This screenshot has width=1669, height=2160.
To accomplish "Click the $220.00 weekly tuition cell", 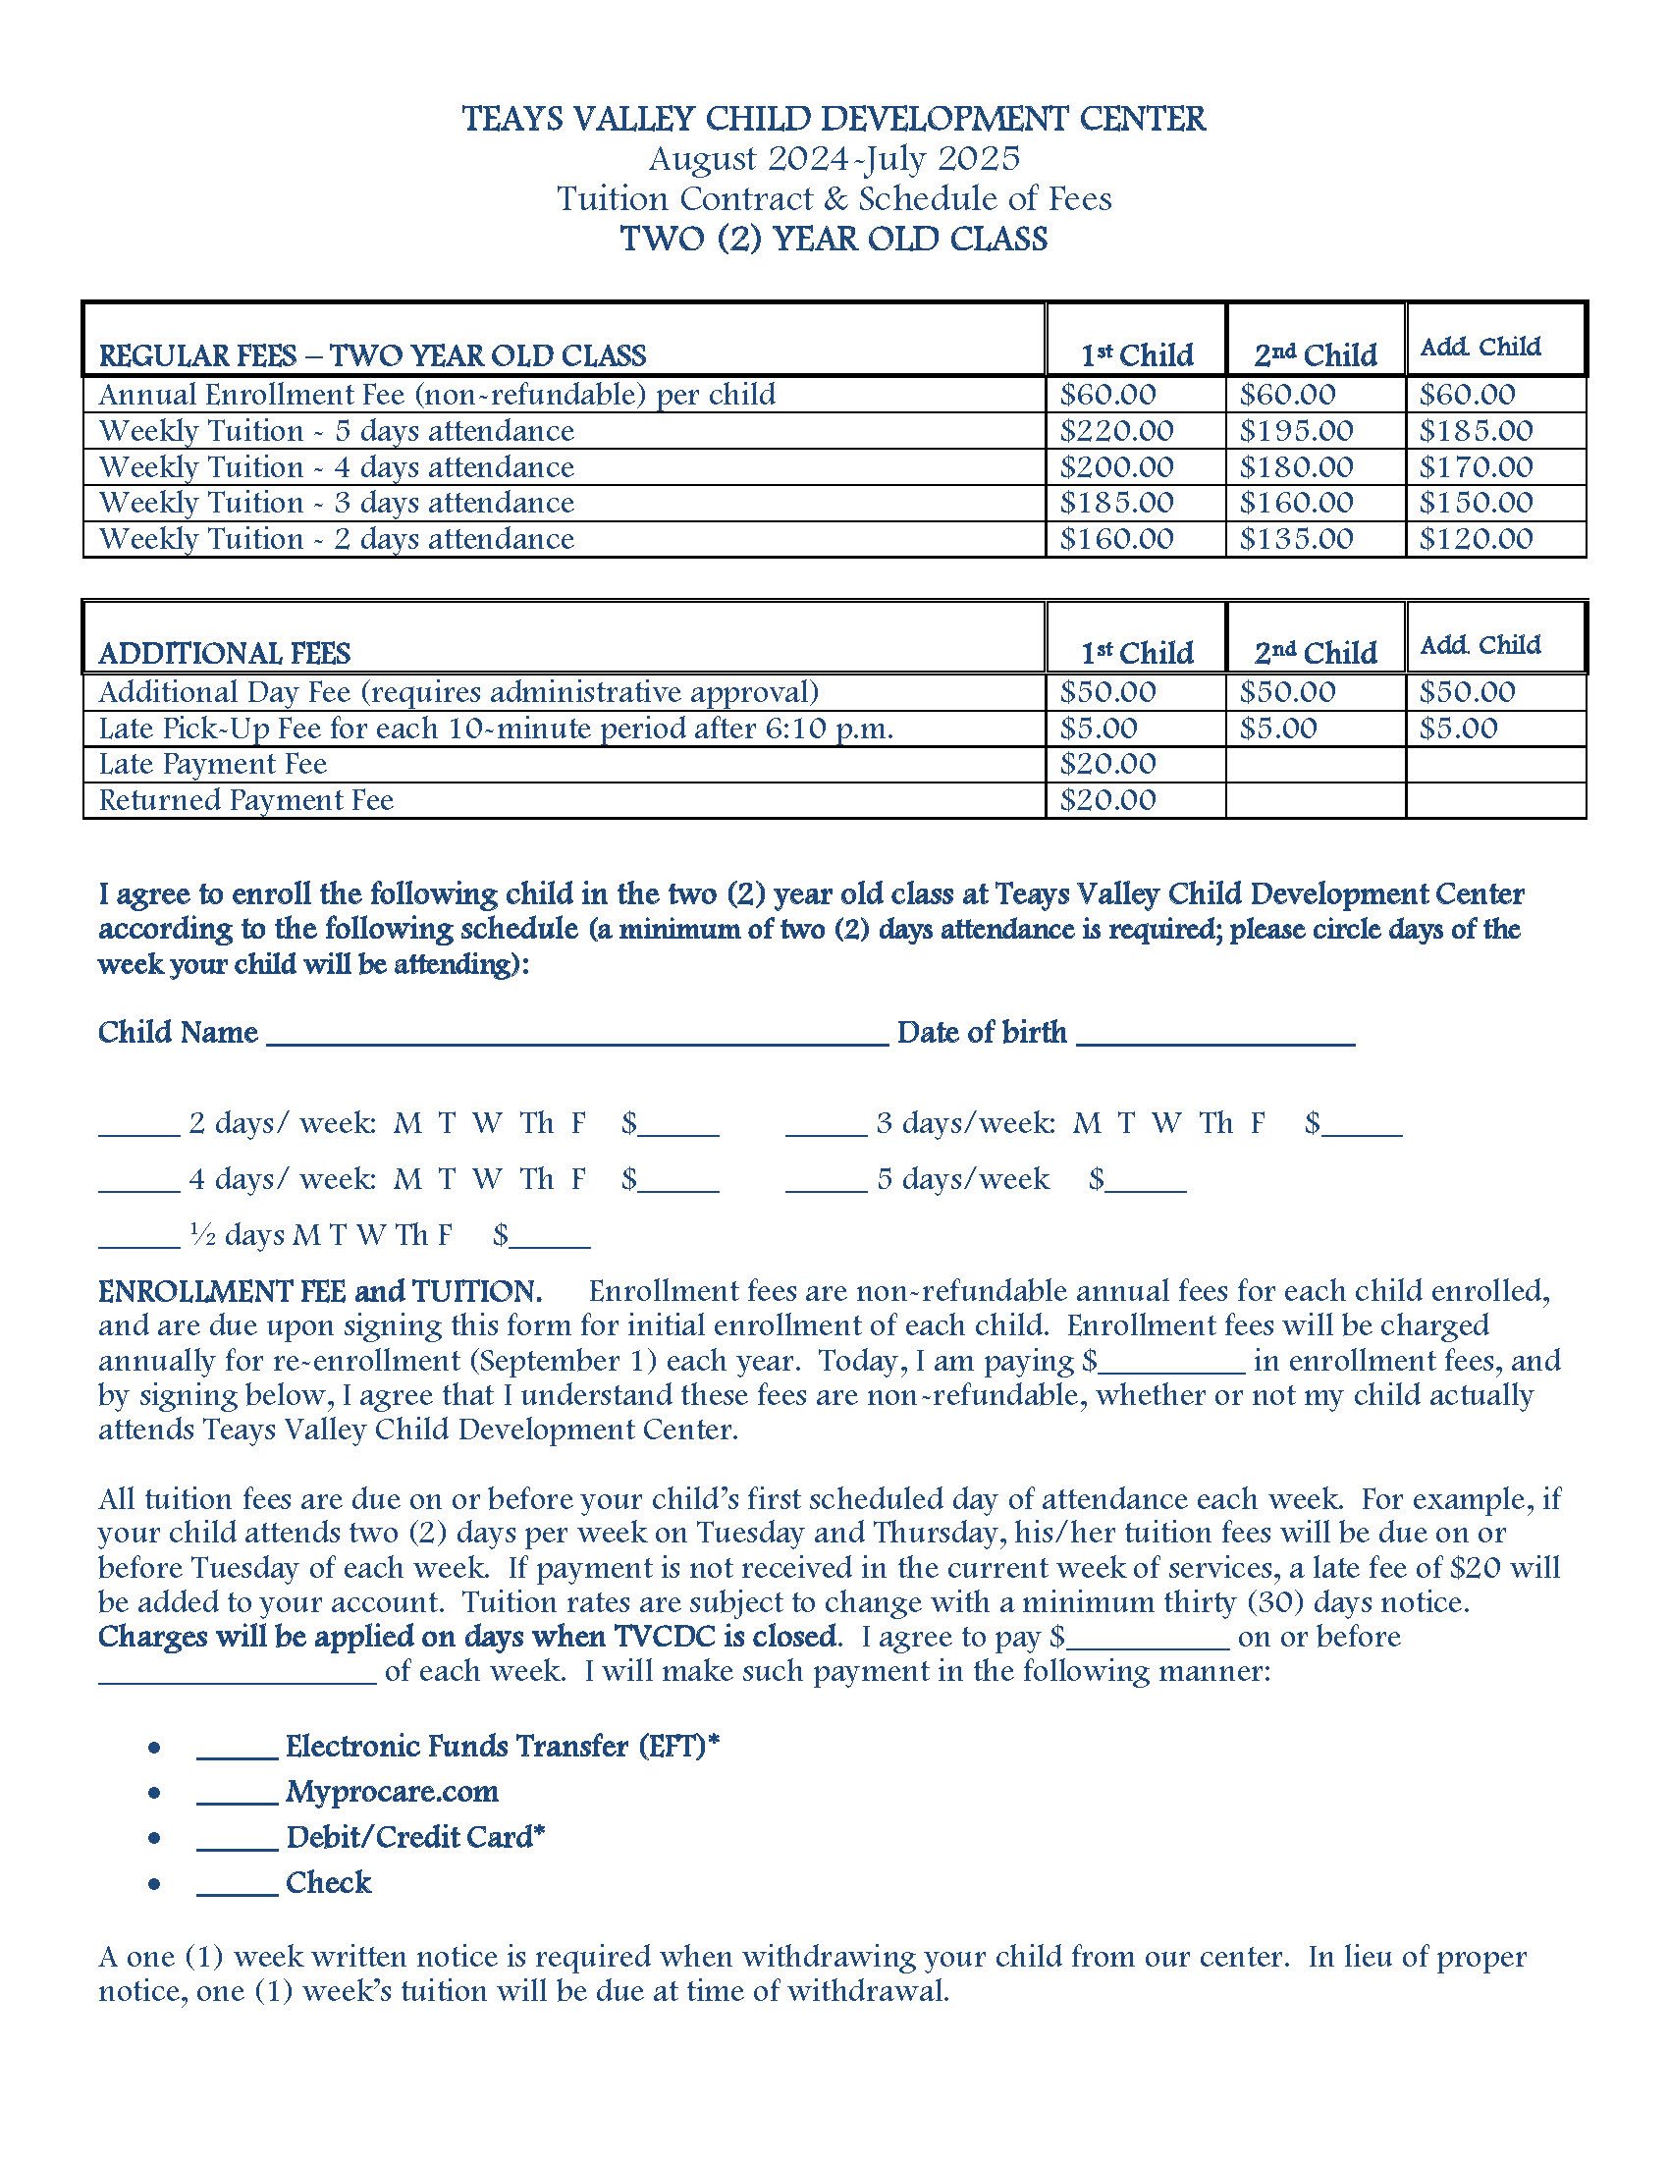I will pyautogui.click(x=1116, y=431).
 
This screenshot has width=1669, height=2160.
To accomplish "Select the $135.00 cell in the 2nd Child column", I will pyautogui.click(x=1296, y=539).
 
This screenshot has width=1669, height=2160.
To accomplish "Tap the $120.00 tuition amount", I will pyautogui.click(x=1477, y=539).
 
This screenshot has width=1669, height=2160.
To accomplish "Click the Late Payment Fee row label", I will pyautogui.click(x=213, y=765).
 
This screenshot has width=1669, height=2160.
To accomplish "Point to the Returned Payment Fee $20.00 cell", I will pyautogui.click(x=1107, y=800).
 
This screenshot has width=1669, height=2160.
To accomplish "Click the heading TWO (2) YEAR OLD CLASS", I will pyautogui.click(x=834, y=240).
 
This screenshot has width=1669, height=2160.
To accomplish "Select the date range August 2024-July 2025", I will pyautogui.click(x=834, y=158).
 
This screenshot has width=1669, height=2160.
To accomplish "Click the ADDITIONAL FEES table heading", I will pyautogui.click(x=225, y=654).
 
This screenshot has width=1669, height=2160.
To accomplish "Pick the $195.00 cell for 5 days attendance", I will pyautogui.click(x=1296, y=431).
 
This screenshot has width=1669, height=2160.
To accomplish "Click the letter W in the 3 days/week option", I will pyautogui.click(x=1166, y=1123).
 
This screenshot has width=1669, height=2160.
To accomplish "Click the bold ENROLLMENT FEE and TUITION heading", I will pyautogui.click(x=319, y=1292).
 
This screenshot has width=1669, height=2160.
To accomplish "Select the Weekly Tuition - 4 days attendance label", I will pyautogui.click(x=336, y=466).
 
